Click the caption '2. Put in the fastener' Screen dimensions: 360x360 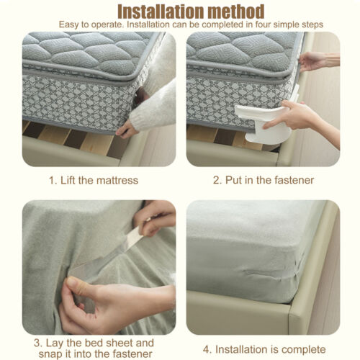[263, 180]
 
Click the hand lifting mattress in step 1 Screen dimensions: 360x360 [128, 130]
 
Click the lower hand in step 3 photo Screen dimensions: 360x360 [108, 302]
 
